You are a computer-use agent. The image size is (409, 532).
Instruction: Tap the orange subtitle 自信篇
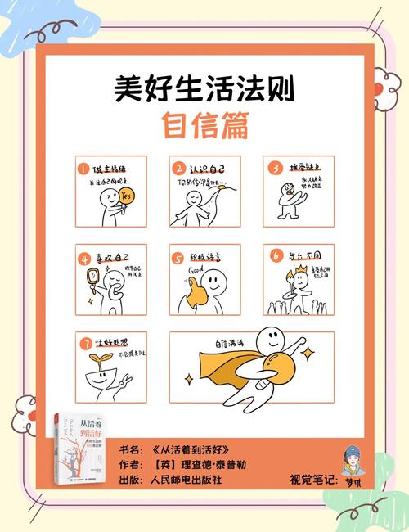[204, 125]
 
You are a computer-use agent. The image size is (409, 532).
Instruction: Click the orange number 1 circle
[83, 169]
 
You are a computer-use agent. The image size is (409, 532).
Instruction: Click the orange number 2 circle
[178, 169]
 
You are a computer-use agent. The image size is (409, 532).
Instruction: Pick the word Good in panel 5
[196, 268]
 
